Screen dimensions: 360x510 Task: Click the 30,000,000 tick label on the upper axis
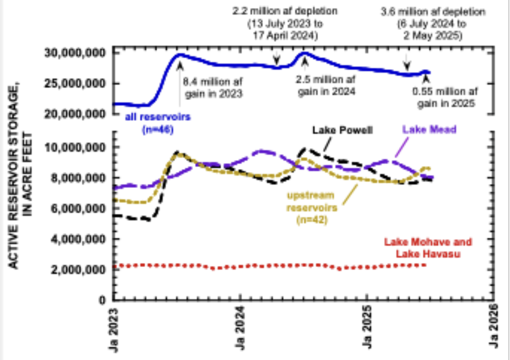75,53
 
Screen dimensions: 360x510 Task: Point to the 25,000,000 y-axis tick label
75,84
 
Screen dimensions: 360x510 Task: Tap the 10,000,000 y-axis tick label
75,147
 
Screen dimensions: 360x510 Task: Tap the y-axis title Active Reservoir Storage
18,176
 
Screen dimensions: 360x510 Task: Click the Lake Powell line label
342,130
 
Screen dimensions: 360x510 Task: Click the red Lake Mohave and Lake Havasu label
428,248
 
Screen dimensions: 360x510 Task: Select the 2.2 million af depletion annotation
278,23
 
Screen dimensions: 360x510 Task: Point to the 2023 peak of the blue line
179,55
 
